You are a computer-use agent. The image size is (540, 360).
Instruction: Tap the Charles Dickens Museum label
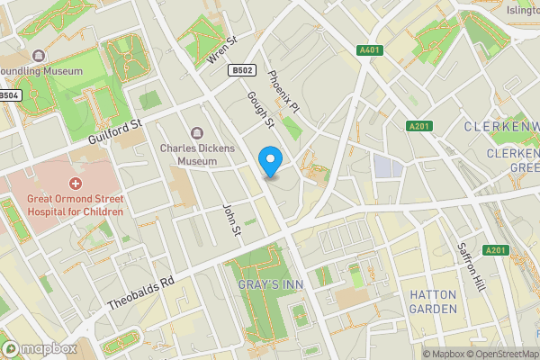pyautogui.click(x=197, y=154)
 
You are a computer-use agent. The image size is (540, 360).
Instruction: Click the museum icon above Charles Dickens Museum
pyautogui.click(x=197, y=133)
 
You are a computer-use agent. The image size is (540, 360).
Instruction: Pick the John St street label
pyautogui.click(x=233, y=219)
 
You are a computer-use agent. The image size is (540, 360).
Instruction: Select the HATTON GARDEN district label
pyautogui.click(x=434, y=301)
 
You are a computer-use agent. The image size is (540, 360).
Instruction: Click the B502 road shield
pyautogui.click(x=240, y=70)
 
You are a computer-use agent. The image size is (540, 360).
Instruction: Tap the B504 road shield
pyautogui.click(x=8, y=95)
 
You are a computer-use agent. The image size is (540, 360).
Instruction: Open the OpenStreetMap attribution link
pyautogui.click(x=496, y=354)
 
